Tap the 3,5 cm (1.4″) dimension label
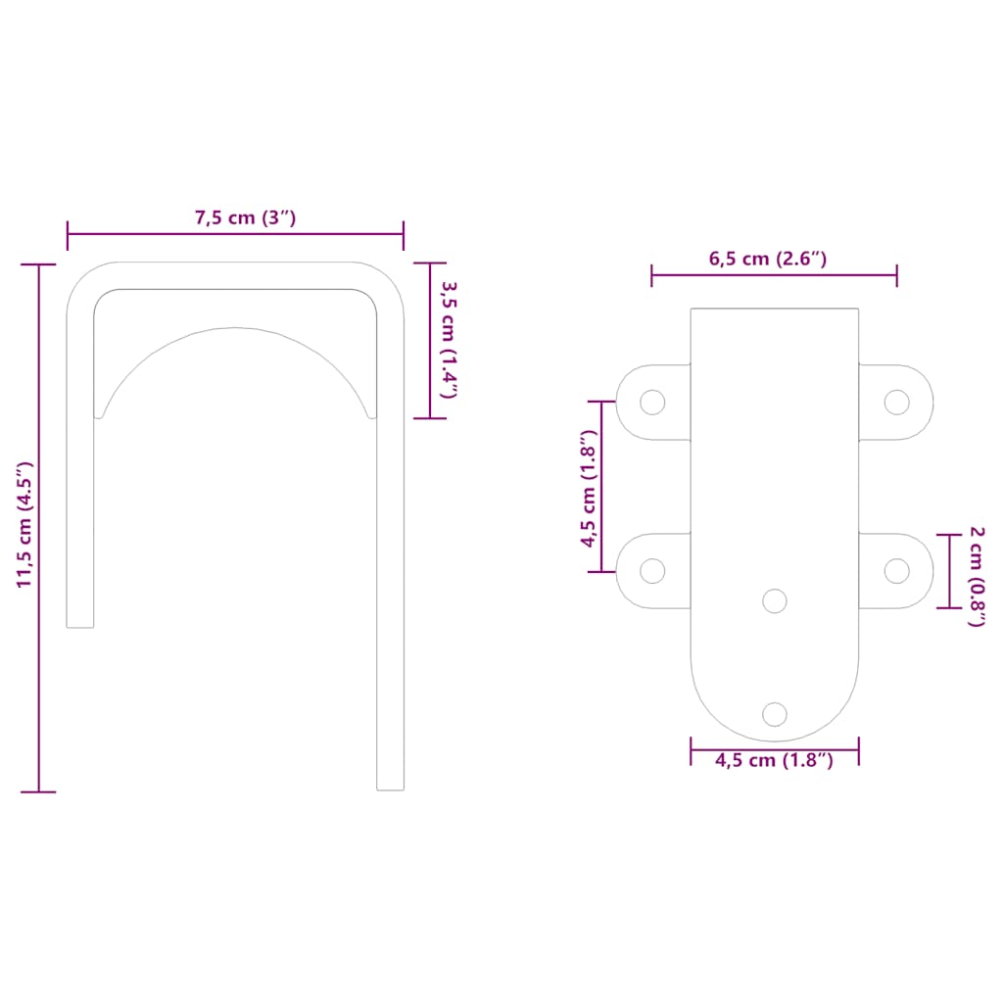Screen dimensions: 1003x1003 (448, 340)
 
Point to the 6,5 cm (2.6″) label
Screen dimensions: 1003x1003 (768, 260)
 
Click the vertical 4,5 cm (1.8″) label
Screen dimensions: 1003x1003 (588, 487)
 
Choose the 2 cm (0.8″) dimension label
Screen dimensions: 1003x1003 (976, 576)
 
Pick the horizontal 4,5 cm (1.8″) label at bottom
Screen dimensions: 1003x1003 (774, 760)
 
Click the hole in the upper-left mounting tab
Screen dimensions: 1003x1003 (652, 402)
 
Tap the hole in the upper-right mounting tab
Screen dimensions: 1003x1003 (896, 402)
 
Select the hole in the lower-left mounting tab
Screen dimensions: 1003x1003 (652, 570)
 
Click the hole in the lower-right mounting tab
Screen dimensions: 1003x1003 (896, 570)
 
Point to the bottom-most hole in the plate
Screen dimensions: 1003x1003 (775, 714)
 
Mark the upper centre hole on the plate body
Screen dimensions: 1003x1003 (775, 600)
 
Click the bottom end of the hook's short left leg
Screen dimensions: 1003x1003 (80, 625)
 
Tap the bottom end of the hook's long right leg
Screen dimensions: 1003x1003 (391, 788)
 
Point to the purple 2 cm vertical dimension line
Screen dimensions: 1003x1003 (949, 571)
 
